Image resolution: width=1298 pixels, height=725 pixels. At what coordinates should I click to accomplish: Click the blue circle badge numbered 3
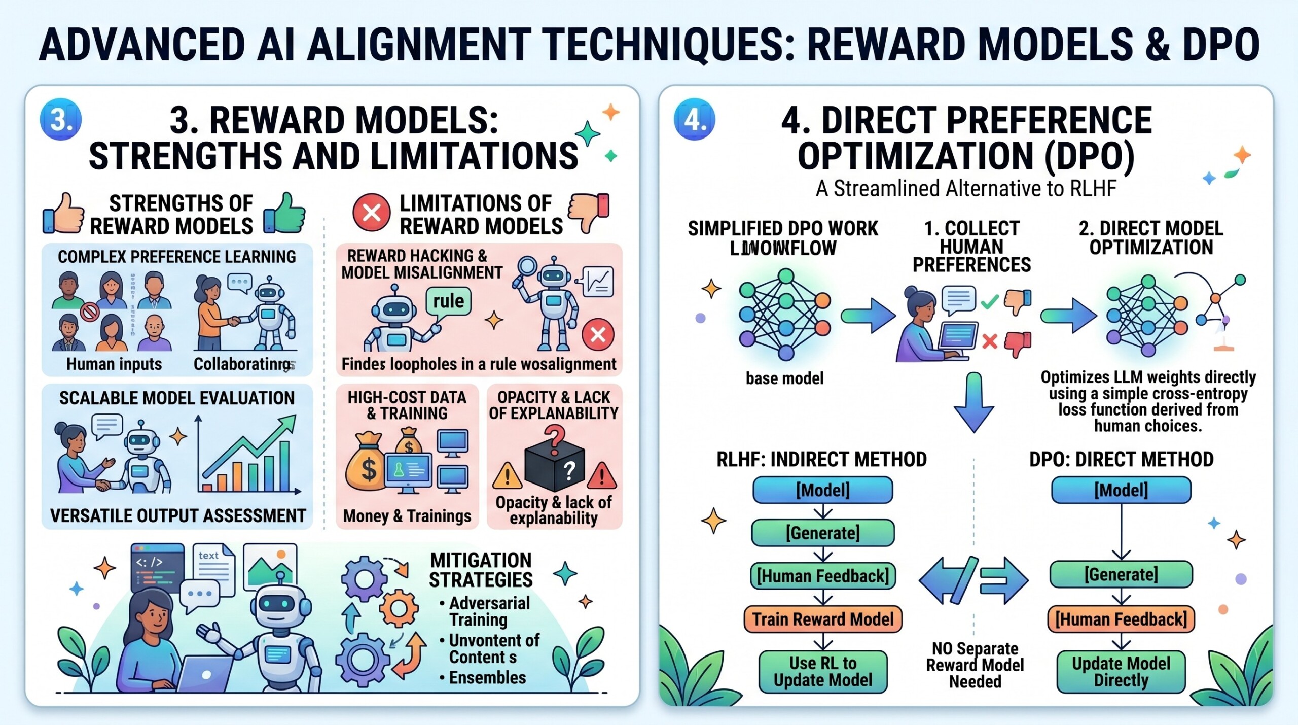(x=61, y=119)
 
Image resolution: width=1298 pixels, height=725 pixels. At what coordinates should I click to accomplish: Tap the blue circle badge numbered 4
(x=694, y=119)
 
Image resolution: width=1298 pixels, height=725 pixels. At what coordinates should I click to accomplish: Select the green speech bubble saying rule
(x=448, y=301)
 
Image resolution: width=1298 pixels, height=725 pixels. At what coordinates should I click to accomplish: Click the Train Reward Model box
(x=822, y=619)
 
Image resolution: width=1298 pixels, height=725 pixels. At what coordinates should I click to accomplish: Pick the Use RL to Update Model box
(x=822, y=671)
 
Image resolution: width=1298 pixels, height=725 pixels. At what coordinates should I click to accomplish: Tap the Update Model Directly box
(x=1121, y=672)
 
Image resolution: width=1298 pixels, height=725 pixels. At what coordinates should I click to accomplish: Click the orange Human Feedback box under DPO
(x=1121, y=619)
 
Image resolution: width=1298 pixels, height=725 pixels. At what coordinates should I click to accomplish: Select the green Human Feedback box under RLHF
(x=822, y=576)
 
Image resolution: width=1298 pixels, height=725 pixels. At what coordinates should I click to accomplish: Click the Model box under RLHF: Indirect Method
(x=822, y=490)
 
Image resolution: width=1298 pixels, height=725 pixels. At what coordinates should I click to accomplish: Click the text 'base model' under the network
(x=784, y=378)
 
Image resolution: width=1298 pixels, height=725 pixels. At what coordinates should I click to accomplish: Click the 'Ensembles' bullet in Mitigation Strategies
(x=487, y=677)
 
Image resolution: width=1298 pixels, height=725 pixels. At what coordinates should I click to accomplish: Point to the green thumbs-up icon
(x=285, y=213)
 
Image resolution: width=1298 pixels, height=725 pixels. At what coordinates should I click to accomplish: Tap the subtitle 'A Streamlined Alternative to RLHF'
(x=966, y=189)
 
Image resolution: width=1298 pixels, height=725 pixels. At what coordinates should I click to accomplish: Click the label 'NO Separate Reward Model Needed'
(x=975, y=665)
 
